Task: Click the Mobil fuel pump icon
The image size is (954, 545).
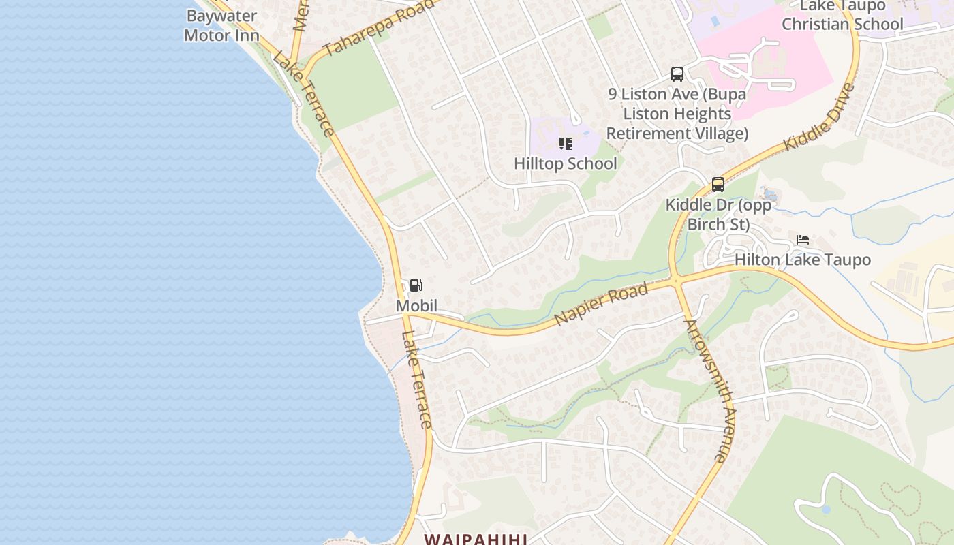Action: (x=416, y=285)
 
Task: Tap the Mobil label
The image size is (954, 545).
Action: (x=416, y=306)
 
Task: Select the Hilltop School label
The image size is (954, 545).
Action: (x=566, y=163)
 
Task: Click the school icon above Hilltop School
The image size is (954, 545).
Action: (x=565, y=143)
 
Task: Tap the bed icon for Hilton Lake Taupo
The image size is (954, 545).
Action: (x=803, y=240)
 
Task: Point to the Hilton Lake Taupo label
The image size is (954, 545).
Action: (x=803, y=260)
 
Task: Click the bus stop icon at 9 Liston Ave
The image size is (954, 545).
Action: (x=677, y=74)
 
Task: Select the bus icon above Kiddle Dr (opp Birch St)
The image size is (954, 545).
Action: (x=718, y=184)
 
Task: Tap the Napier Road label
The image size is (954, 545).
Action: (x=600, y=305)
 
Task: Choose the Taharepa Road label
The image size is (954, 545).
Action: (x=378, y=28)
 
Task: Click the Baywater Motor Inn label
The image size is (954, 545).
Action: (x=221, y=25)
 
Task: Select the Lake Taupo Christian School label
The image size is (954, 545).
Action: (x=842, y=16)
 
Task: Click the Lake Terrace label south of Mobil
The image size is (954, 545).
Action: (x=417, y=379)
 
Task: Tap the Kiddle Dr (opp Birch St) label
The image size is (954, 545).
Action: (x=718, y=215)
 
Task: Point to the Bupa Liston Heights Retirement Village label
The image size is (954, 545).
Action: (x=677, y=113)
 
